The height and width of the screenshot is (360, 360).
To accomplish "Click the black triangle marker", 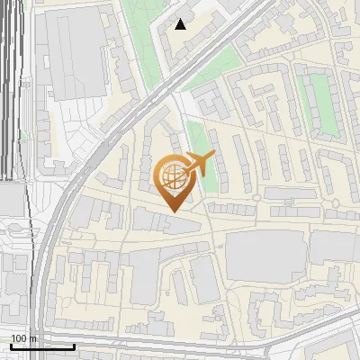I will pos(181,24).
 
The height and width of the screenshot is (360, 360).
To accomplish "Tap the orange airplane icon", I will pos(198,165).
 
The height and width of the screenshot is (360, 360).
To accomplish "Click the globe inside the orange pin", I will pos(173,177).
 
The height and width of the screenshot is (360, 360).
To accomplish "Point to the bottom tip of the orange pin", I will pos(173,211).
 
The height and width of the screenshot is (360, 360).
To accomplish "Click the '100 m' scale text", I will pos(23,338).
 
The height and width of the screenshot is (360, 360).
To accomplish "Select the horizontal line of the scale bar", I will pos(42,346).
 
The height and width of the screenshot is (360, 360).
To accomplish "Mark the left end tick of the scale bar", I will pos(11,345).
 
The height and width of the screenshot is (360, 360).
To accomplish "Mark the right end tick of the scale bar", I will pos(75,345).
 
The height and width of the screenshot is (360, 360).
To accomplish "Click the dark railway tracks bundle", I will pos(11,90).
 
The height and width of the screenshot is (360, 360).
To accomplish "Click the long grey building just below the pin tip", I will pos(167,222).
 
